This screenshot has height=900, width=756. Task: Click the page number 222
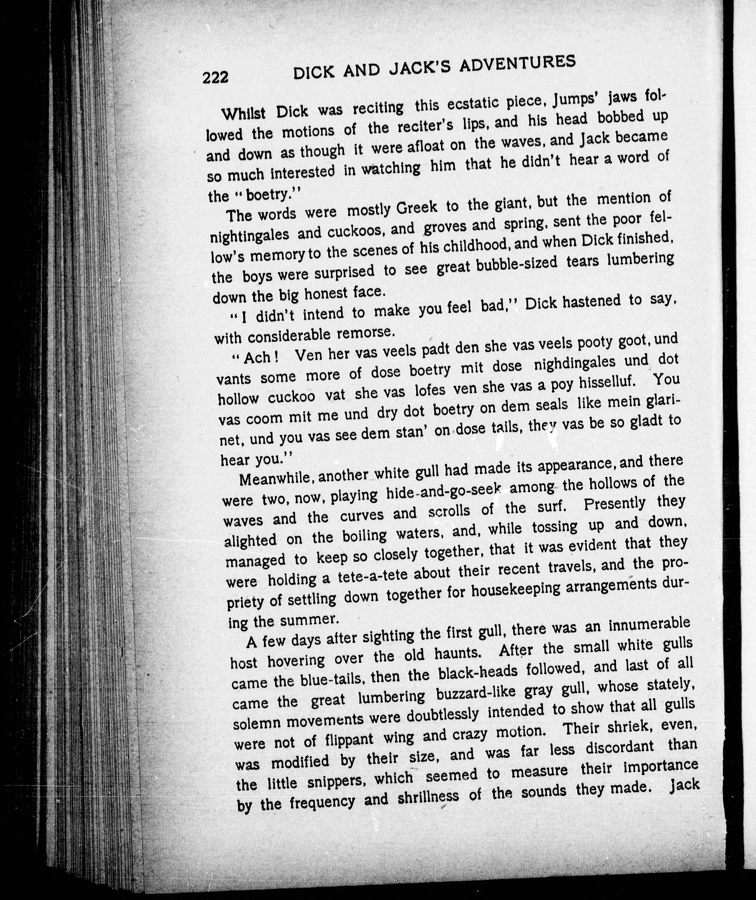tap(216, 78)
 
